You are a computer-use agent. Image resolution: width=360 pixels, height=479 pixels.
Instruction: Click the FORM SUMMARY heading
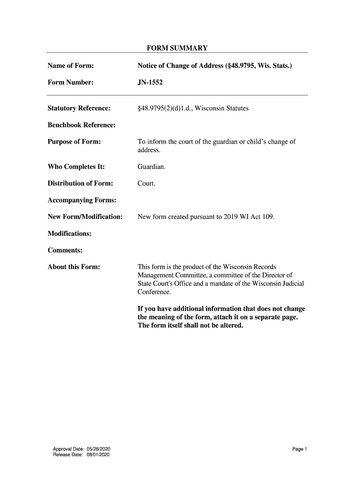pos(177,48)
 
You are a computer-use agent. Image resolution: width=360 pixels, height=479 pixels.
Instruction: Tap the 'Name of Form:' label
pos(71,66)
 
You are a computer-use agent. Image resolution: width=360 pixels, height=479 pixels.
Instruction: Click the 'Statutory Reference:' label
pos(79,109)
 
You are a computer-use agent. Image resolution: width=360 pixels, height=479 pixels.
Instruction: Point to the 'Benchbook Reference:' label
pos(81,125)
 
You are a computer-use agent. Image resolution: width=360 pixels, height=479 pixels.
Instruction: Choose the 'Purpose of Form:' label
pos(74,142)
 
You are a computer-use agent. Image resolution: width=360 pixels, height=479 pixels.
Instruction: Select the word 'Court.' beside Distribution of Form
pos(146,184)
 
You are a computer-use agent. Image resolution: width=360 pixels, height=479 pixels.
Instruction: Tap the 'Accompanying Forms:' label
pos(82,201)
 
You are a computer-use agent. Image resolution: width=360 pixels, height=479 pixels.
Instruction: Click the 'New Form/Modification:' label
pos(85,217)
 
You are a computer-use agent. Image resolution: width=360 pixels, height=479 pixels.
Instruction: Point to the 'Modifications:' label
pos(70,233)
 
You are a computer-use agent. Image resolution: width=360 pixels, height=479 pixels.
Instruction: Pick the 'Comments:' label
pos(65,250)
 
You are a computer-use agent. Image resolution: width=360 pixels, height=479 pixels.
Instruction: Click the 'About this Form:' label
pos(74,267)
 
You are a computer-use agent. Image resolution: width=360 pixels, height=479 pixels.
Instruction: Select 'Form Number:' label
pos(71,83)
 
